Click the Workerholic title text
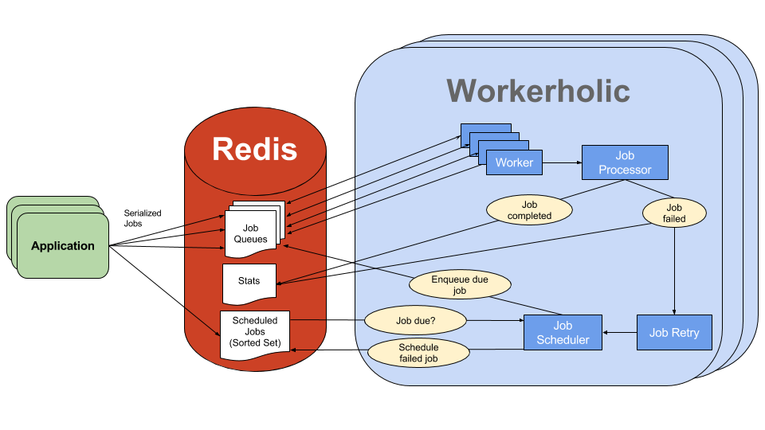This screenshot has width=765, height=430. point(538,90)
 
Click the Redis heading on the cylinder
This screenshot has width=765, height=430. point(254,149)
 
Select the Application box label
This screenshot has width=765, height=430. point(63,246)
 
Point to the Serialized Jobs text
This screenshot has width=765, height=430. point(143,218)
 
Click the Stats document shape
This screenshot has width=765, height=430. point(249,282)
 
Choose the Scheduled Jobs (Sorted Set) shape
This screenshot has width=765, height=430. point(254,332)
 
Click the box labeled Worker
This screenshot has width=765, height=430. point(514,162)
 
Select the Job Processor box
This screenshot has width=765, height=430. point(625,162)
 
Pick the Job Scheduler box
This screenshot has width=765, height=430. point(563,332)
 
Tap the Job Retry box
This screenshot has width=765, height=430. point(673,332)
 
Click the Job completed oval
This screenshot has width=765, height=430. point(530,210)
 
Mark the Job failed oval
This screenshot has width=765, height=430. point(674,212)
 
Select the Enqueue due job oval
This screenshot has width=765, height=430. point(460,285)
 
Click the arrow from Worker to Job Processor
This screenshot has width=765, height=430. point(562,162)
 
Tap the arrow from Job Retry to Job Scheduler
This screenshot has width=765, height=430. point(619,332)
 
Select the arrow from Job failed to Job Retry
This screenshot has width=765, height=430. point(675,271)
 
